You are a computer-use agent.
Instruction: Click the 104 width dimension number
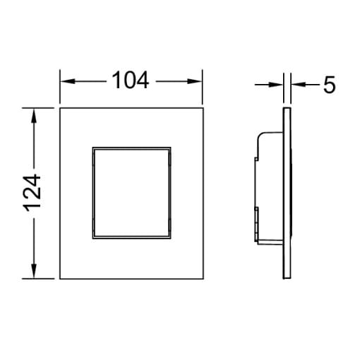coord(131,80)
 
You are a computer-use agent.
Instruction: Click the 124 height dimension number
coord(32,193)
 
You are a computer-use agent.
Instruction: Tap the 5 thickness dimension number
coord(329,85)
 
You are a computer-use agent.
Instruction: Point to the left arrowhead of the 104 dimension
coord(68,81)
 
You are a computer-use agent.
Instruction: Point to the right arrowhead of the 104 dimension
coord(195,81)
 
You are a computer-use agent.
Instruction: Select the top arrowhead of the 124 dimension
coord(34,116)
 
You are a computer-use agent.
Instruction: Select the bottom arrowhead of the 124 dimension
coord(34,271)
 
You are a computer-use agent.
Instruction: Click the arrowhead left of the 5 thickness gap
coord(276,85)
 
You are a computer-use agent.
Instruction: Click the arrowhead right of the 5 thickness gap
coord(298,84)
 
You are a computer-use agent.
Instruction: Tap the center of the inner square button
coord(131,193)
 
